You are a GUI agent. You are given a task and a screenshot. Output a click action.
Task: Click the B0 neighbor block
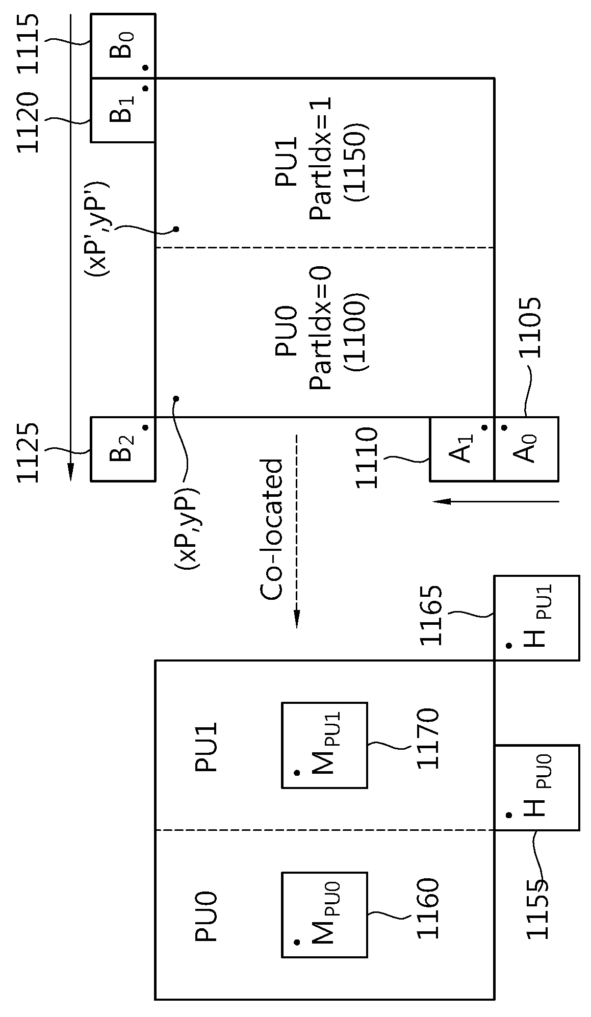tap(123, 46)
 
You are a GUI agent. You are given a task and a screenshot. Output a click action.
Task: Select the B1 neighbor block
tap(123, 110)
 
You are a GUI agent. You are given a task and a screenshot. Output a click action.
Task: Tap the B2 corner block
tap(123, 449)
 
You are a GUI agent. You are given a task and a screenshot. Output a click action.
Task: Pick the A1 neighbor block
tap(462, 449)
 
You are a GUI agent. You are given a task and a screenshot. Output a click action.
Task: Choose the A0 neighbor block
tap(526, 449)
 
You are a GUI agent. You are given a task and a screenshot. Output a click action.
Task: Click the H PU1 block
tap(537, 618)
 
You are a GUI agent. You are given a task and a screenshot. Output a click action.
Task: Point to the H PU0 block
tap(537, 787)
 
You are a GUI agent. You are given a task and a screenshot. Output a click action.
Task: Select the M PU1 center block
tap(324, 745)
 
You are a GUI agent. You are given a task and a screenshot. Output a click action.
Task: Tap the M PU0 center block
tap(324, 914)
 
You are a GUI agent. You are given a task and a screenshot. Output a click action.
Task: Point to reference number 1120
tap(28, 122)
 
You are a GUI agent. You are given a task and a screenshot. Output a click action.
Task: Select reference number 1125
tap(28, 452)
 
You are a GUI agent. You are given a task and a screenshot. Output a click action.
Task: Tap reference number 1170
tap(427, 739)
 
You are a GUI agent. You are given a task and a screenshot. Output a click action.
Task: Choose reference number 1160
tap(427, 908)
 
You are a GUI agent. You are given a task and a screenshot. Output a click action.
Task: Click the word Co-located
tap(272, 529)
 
